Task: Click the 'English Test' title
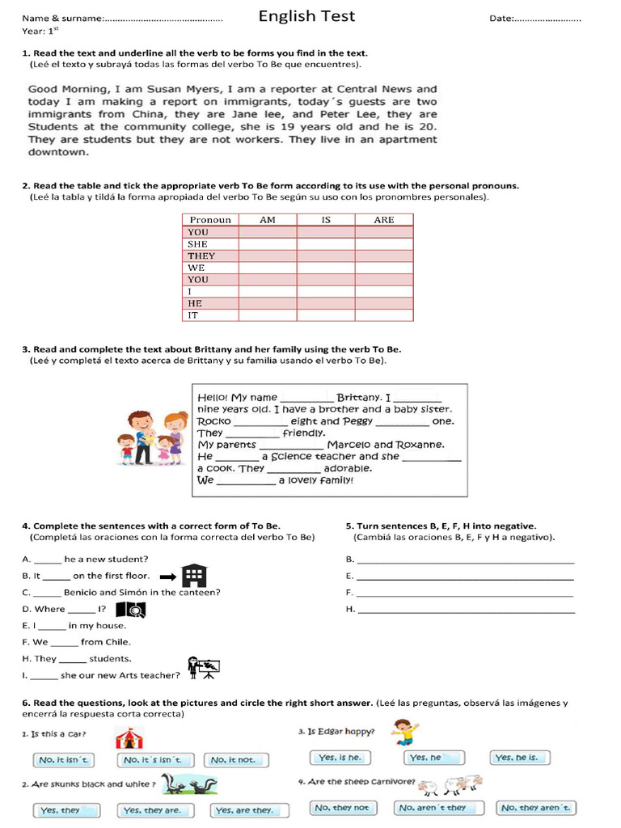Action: coord(306,16)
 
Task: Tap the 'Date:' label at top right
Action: coord(501,19)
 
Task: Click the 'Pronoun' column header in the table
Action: coord(210,219)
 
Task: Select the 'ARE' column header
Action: coord(383,219)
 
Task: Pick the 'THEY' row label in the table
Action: coord(201,256)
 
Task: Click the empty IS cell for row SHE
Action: coord(325,243)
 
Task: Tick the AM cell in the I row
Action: coord(267,291)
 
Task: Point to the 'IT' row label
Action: coord(193,315)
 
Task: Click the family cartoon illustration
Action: coord(153,437)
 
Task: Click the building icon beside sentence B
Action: coord(194,576)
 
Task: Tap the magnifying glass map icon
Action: coord(131,610)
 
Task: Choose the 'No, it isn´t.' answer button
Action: coord(64,760)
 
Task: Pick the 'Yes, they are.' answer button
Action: coord(152,810)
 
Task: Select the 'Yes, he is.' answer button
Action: coord(521,758)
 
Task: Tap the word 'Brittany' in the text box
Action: coord(359,397)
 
